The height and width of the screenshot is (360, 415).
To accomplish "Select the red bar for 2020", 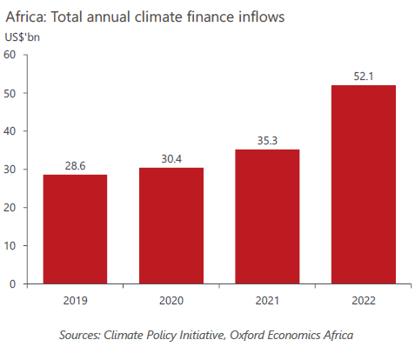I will (x=171, y=225).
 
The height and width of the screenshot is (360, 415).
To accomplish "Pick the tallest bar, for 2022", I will (x=365, y=183).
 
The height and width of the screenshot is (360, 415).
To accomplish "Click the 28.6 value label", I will (x=75, y=164).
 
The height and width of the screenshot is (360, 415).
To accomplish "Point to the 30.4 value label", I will (x=171, y=157).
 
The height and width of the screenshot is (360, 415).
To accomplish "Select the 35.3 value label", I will (x=268, y=139).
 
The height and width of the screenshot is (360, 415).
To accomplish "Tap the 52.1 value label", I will (x=365, y=75).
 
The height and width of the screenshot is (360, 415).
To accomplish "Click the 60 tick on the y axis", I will (x=10, y=55).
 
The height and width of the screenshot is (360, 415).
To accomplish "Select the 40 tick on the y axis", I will (x=10, y=131).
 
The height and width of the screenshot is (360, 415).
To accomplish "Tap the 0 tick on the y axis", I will (x=14, y=283).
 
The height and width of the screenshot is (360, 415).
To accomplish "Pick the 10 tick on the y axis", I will (x=10, y=245).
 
